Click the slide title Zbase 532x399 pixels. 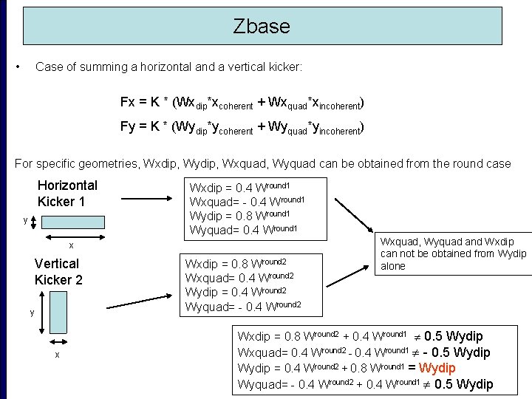[x=262, y=27]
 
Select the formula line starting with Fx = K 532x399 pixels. [x=242, y=102]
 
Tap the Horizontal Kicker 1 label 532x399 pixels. [x=67, y=193]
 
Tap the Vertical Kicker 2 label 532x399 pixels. [x=58, y=271]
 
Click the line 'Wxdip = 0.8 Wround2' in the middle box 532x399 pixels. [x=235, y=263]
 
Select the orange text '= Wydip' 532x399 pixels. [x=437, y=368]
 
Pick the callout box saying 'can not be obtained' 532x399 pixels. [x=453, y=253]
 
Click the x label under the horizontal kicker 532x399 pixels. [x=71, y=245]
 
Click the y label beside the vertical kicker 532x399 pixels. [x=32, y=313]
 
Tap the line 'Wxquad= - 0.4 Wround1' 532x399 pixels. [x=247, y=201]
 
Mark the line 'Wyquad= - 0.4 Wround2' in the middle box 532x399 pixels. [x=242, y=306]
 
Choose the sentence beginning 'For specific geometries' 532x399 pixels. [x=262, y=163]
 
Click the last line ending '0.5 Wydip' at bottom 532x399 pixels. [x=365, y=383]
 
